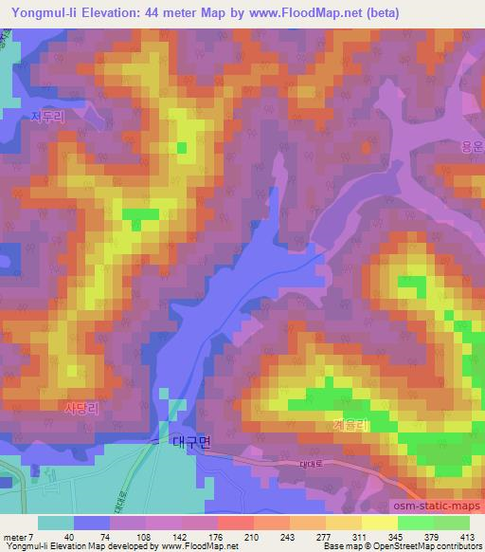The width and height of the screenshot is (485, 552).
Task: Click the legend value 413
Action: (467, 538)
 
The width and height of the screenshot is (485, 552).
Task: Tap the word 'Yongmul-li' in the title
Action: (44, 13)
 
